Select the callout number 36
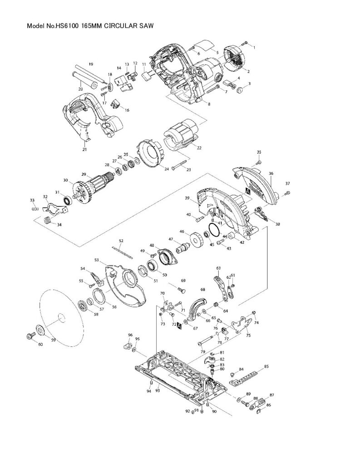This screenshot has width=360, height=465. (x=271, y=173)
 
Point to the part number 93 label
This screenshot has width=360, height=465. (x=158, y=390)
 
